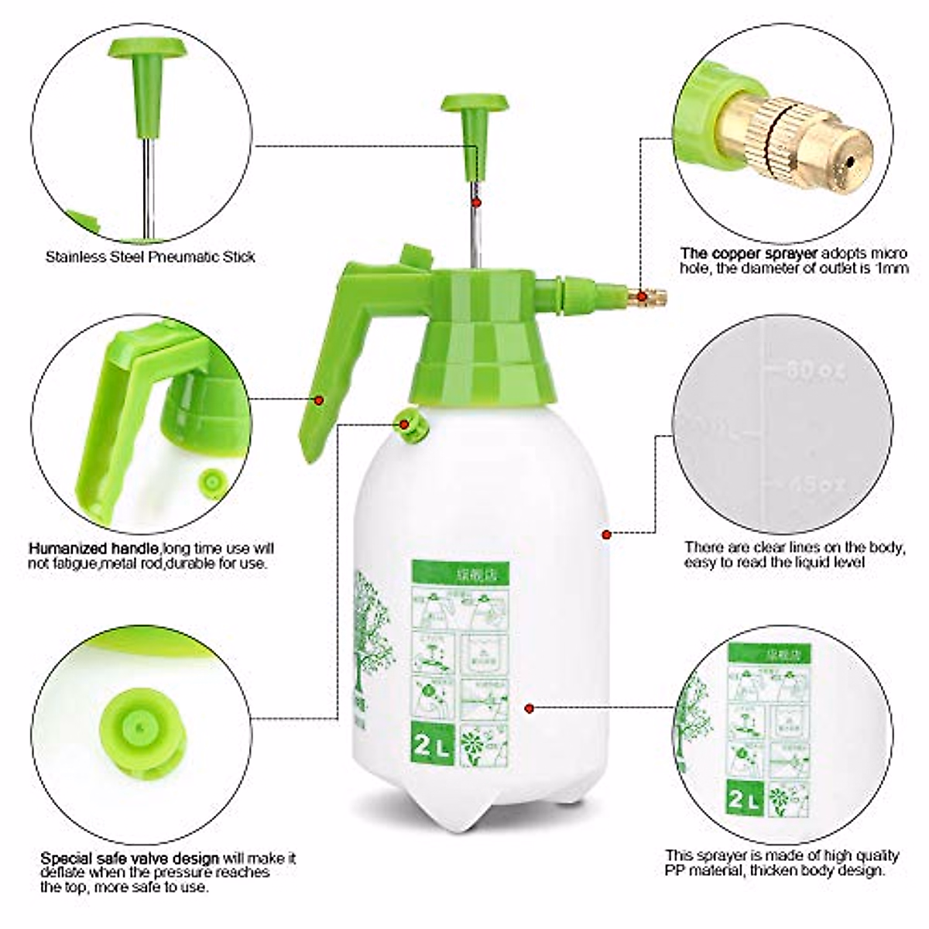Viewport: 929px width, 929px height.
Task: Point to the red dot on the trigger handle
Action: pos(318,399)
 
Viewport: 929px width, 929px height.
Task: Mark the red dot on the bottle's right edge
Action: pos(607,533)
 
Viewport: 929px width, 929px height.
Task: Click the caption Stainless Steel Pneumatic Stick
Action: pos(149,256)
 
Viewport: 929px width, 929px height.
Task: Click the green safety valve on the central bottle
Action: pos(406,423)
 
